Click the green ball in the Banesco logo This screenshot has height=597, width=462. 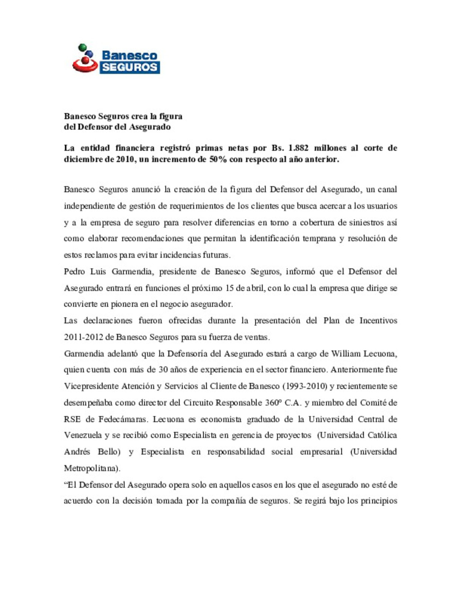(x=82, y=47)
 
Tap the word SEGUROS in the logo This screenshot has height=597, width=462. (x=130, y=67)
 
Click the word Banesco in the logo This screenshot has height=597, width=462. (x=129, y=56)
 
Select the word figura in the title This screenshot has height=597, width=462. (x=171, y=116)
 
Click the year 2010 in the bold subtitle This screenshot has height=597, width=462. (x=125, y=160)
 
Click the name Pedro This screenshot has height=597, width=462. (x=74, y=272)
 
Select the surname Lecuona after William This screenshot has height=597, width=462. (x=380, y=354)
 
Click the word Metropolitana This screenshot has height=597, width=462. (x=92, y=468)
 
